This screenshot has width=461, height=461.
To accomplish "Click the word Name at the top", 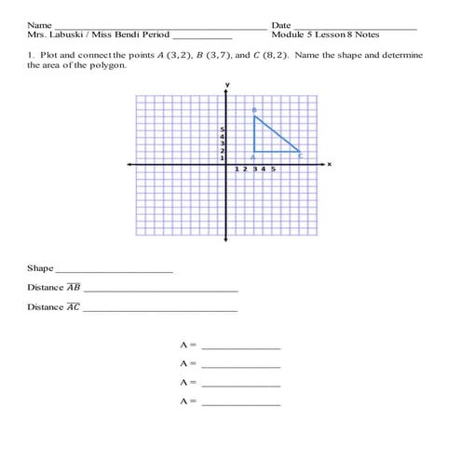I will point(39,24).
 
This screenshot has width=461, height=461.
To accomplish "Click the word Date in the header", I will point(281,24).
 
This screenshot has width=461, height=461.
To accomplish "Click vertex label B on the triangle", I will point(253,111).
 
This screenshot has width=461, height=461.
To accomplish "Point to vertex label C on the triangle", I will point(301,156).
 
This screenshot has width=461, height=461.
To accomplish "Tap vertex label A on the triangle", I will point(253,156).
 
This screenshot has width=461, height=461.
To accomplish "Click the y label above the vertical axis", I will point(226,86).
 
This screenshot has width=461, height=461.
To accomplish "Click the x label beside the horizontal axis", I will point(329,164).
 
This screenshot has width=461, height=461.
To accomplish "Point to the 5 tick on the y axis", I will point(222,129).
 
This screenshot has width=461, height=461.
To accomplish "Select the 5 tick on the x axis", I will point(273,169).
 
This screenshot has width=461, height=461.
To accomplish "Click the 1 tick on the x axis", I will point(237,169).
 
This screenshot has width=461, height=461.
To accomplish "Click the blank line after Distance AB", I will point(160,291).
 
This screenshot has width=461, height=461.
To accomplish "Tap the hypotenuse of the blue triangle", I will point(278,134).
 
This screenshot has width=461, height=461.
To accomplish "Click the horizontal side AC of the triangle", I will point(278,151).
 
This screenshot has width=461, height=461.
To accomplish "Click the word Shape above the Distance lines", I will point(40,268).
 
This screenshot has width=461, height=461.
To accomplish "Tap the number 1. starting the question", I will point(31,56).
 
